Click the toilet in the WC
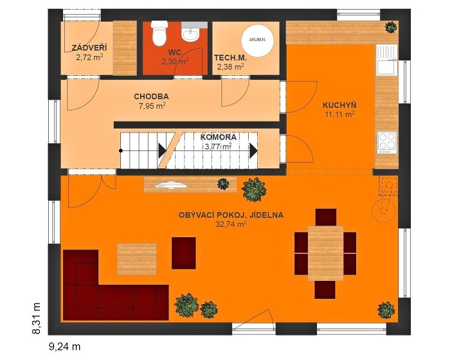(159, 33)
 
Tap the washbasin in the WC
(190, 35)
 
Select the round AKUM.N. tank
(257, 40)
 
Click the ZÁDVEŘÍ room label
(89, 48)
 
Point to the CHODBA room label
(151, 96)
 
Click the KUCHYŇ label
(339, 105)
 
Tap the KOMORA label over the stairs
(218, 137)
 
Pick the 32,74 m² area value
(231, 224)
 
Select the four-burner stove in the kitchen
(386, 141)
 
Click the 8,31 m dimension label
(36, 318)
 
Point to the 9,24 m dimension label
(65, 346)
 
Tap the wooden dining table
(325, 253)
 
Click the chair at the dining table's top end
(326, 217)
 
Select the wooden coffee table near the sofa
(137, 259)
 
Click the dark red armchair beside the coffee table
(184, 253)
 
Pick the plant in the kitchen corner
(391, 27)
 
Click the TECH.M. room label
(230, 58)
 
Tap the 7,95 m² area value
(152, 106)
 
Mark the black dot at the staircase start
(121, 150)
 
